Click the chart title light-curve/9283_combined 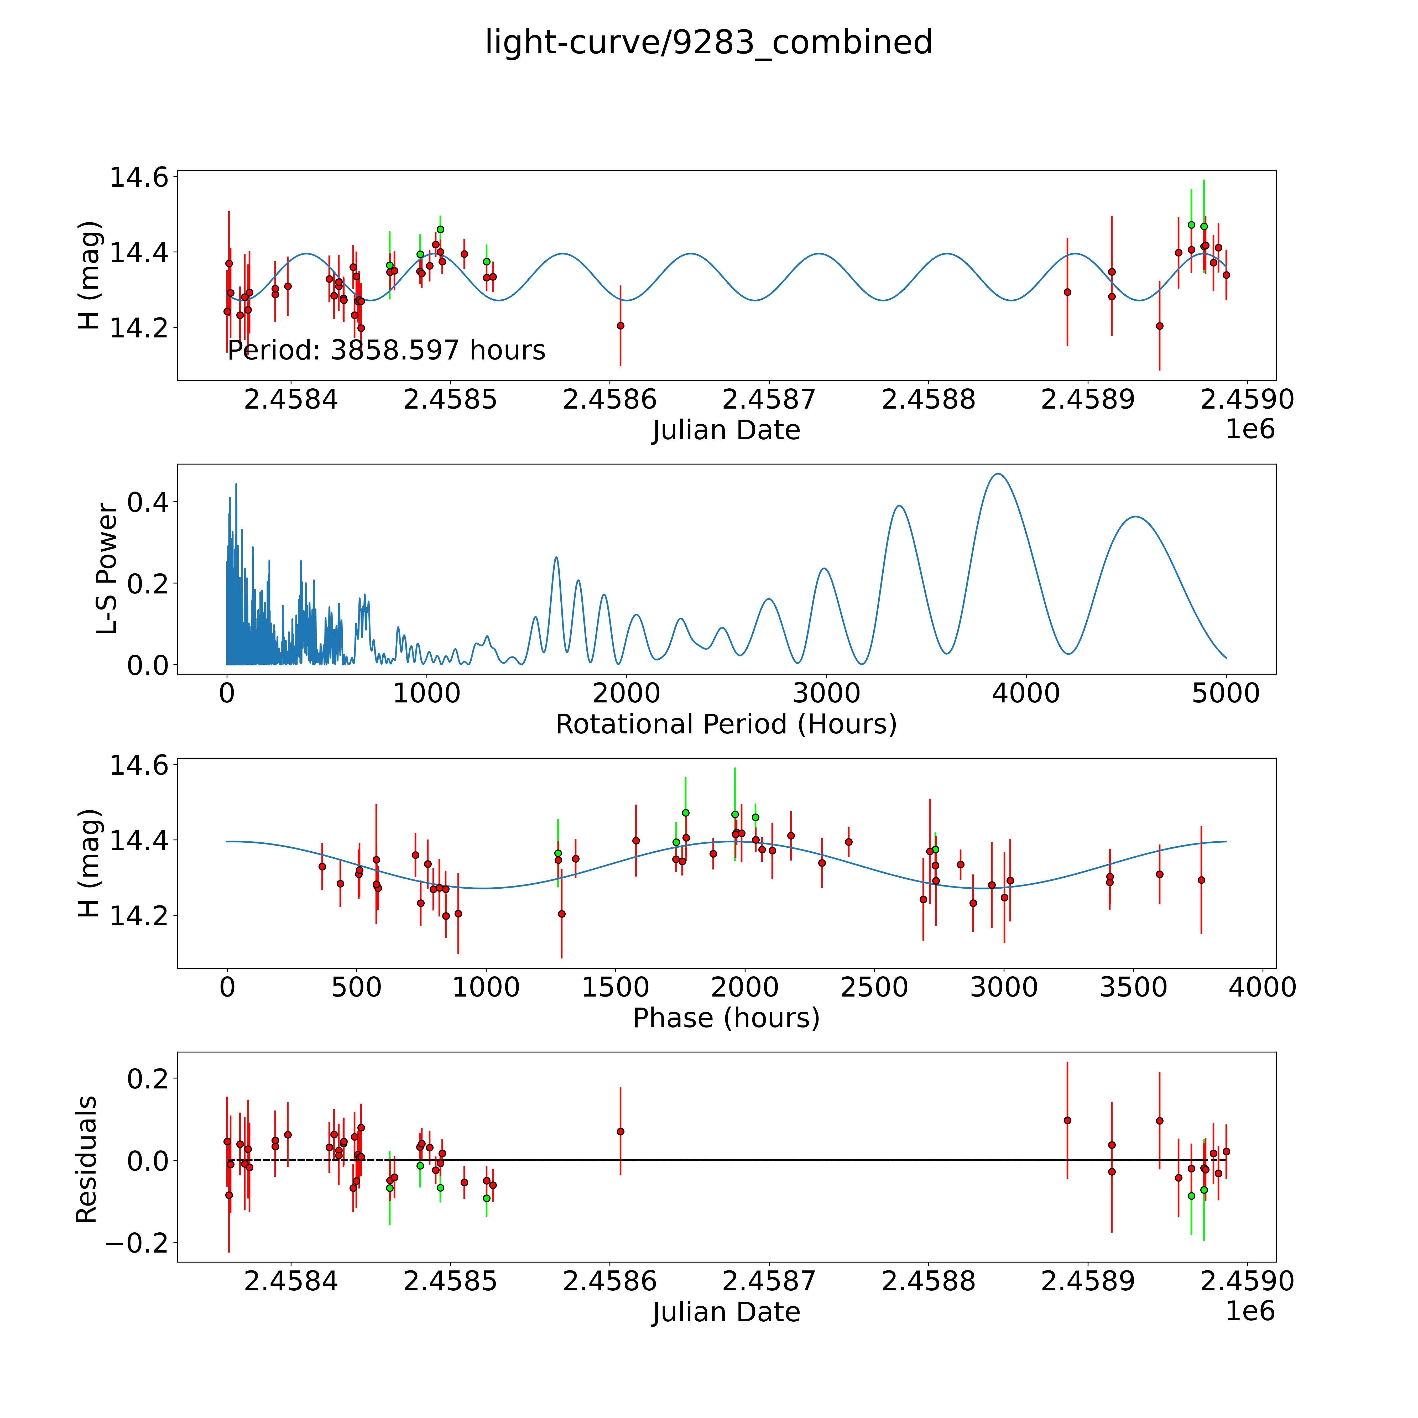tap(708, 43)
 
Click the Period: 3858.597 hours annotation tap(386, 351)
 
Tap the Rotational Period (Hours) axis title tap(726, 724)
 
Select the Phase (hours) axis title tap(726, 1018)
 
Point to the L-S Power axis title tap(107, 569)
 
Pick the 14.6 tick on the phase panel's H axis tap(138, 765)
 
